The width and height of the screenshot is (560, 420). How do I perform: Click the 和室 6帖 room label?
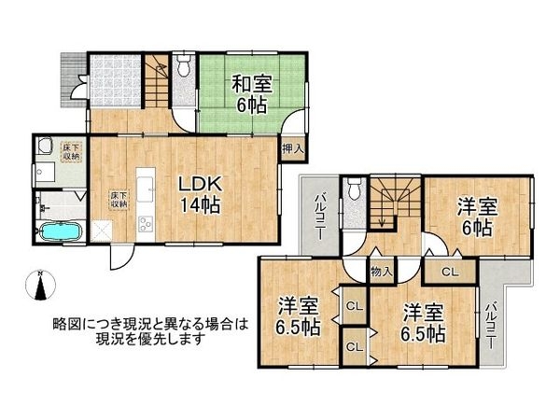(x=251, y=91)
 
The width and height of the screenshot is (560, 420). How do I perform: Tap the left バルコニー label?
(x=318, y=216)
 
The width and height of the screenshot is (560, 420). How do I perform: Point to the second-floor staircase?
(x=391, y=202)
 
